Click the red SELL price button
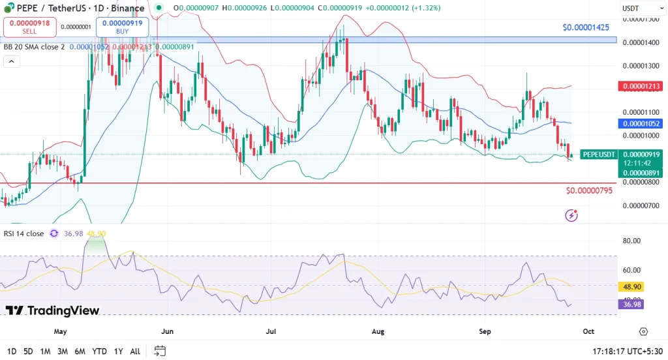point(25,27)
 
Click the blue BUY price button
point(122,27)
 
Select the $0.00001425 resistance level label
point(586,28)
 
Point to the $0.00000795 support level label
point(589,190)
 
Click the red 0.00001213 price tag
point(642,86)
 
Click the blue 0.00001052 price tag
point(642,123)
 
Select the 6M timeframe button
point(80,352)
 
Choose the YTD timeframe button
point(99,352)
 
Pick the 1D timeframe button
point(12,352)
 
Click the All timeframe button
point(135,352)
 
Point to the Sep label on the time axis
point(485,331)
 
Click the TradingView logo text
point(53,310)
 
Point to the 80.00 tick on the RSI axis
point(632,241)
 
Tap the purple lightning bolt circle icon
point(571,215)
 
